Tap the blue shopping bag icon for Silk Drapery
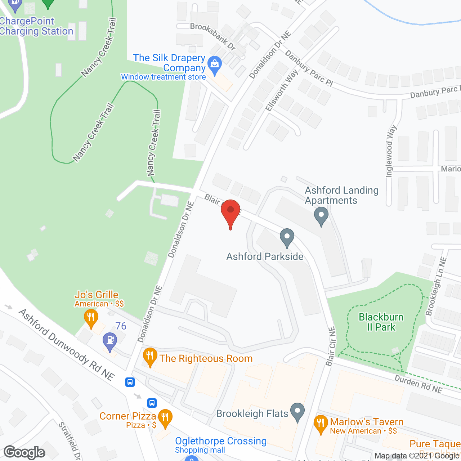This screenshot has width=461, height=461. click(x=215, y=65)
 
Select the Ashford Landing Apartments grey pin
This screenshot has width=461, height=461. click(x=321, y=216)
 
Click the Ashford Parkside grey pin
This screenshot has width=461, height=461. click(x=287, y=237)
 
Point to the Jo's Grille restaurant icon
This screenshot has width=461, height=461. click(x=91, y=317)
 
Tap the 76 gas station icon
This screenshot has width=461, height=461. click(x=110, y=340)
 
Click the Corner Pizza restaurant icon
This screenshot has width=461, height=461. click(x=165, y=417)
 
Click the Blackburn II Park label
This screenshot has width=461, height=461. click(x=381, y=322)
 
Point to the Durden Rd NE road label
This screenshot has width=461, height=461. click(x=418, y=384)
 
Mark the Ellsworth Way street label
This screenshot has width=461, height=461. click(x=282, y=90)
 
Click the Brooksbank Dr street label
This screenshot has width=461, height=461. click(x=213, y=36)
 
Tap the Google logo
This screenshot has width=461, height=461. click(x=24, y=452)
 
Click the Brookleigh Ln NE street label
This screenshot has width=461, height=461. click(x=436, y=286)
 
